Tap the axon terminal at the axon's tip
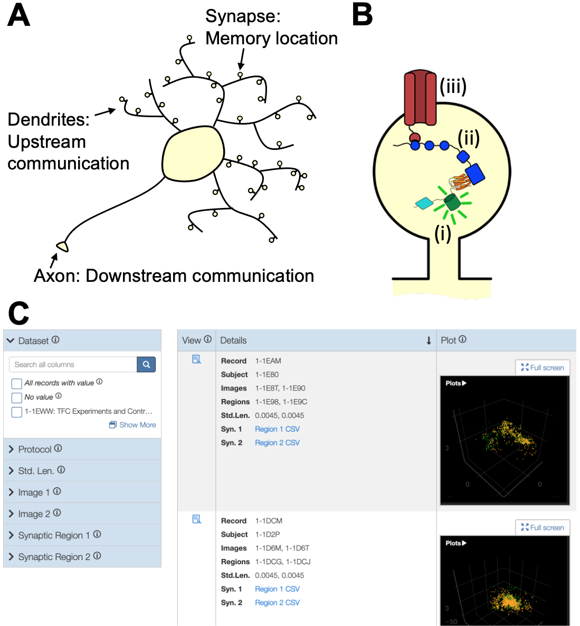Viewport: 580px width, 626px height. pyautogui.click(x=63, y=246)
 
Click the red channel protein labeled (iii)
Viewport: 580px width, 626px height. pyautogui.click(x=420, y=98)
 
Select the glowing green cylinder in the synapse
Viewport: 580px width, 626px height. pyautogui.click(x=451, y=202)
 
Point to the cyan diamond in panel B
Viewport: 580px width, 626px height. pyautogui.click(x=424, y=203)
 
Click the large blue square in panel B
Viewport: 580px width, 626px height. pyautogui.click(x=475, y=174)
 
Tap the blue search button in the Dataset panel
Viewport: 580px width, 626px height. pyautogui.click(x=146, y=364)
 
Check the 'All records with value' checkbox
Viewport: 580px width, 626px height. pyautogui.click(x=17, y=383)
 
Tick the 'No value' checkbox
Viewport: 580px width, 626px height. pyautogui.click(x=17, y=397)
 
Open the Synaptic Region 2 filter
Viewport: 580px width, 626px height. pyautogui.click(x=54, y=557)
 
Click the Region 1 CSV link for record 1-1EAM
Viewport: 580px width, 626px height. pyautogui.click(x=277, y=429)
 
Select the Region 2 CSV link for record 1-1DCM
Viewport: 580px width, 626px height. pyautogui.click(x=277, y=603)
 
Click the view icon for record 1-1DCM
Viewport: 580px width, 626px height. pyautogui.click(x=197, y=519)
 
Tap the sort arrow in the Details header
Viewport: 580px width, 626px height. pyautogui.click(x=429, y=341)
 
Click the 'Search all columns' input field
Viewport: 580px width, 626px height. pyautogui.click(x=73, y=364)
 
